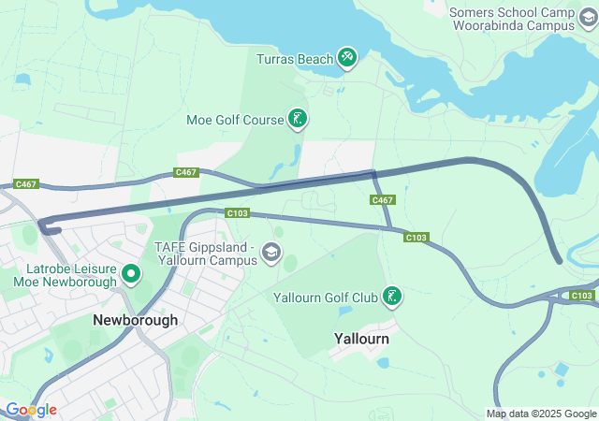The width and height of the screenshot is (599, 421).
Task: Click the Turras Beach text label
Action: [295, 59]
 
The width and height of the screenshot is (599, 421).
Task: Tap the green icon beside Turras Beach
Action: [347, 59]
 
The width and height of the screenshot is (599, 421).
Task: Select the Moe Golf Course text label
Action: [234, 119]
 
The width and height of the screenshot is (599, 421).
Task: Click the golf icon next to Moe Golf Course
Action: [297, 119]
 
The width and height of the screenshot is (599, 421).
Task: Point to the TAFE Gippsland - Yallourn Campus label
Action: [204, 254]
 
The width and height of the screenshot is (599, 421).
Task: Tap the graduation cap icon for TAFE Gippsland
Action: [271, 252]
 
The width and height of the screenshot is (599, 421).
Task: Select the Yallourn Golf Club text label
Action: [325, 298]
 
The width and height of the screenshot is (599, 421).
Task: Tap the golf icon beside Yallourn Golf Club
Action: [392, 298]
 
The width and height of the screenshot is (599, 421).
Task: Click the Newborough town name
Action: [135, 320]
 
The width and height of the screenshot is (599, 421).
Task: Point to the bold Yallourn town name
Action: [361, 339]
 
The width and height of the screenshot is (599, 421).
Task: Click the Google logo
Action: [30, 410]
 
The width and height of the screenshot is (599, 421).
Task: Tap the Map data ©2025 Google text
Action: [540, 414]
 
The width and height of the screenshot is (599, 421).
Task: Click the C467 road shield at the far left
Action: [25, 184]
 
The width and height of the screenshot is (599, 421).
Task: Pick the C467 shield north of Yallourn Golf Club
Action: [382, 200]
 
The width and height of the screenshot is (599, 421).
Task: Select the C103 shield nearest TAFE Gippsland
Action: [238, 213]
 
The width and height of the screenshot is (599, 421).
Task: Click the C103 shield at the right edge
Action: [581, 296]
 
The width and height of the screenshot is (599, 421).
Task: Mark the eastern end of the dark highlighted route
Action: [559, 260]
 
